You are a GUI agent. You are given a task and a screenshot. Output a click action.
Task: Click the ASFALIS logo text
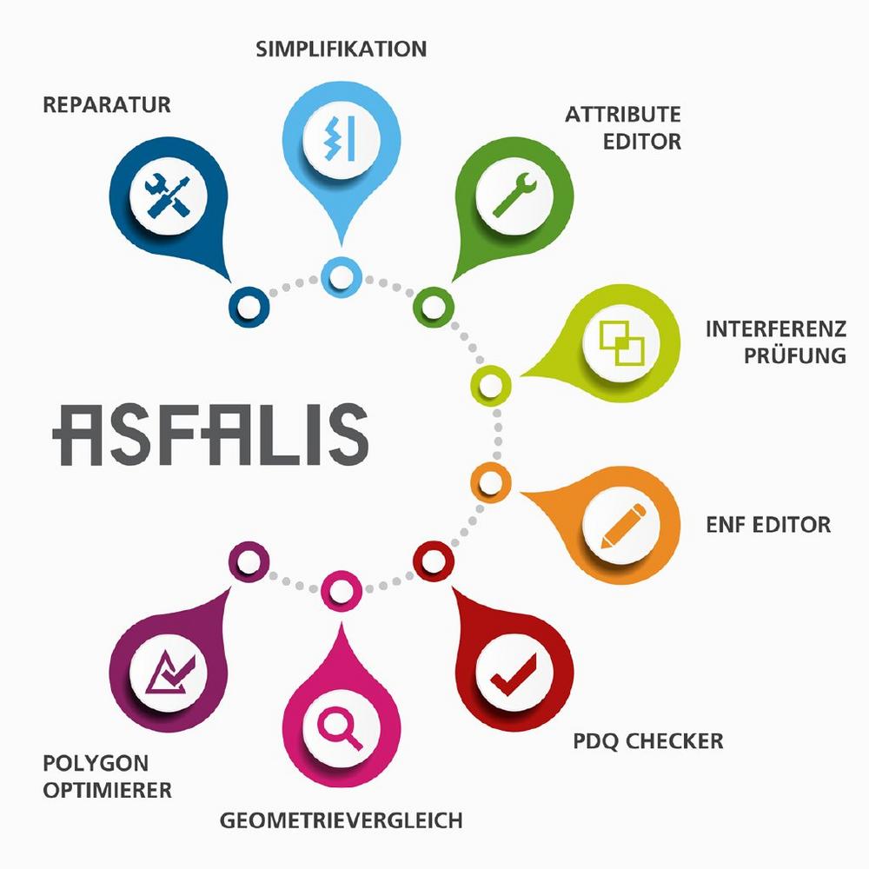pos(210,434)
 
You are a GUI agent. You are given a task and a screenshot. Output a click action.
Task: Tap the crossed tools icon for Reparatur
pos(169,196)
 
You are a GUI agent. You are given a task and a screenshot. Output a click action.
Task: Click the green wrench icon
pos(514,195)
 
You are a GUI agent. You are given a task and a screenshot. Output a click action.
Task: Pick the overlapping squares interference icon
pos(622,343)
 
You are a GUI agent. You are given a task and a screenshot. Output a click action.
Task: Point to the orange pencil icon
pos(623,526)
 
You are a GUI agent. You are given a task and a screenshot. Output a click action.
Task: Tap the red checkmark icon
pos(514,674)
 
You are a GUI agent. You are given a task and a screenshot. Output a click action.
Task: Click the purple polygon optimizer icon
pos(169,673)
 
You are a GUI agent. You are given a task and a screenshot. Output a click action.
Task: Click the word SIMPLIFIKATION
pos(342,50)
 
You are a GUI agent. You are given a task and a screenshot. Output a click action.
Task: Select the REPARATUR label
pos(106,105)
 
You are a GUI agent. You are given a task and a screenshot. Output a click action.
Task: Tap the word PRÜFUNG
pos(795,355)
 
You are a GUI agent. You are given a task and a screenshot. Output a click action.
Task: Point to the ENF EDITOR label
pos(768,525)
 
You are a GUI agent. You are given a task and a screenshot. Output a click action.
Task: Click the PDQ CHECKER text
pos(648,741)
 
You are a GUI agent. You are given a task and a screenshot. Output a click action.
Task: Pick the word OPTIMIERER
pos(108,790)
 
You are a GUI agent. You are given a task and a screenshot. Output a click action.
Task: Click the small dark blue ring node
pos(249,307)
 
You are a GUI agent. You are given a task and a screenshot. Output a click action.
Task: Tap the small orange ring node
pos(490,482)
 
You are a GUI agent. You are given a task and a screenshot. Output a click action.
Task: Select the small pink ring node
pos(342,591)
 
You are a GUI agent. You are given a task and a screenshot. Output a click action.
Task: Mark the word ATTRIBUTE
pos(623,115)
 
